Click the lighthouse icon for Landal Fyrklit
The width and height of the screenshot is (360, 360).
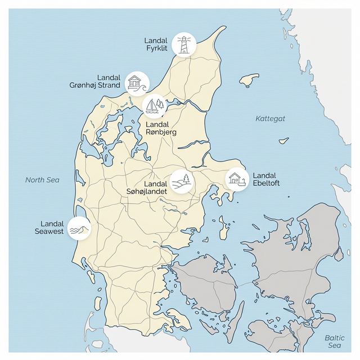[184, 44]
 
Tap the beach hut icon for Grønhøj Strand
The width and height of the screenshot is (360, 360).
[135, 83]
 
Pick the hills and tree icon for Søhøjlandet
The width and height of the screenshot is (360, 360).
[182, 181]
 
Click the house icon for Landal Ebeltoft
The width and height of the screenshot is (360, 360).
[237, 179]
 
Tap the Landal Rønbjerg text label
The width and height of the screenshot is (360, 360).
[161, 128]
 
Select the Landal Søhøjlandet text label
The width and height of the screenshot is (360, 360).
[148, 187]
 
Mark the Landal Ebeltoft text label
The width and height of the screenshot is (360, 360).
[267, 179]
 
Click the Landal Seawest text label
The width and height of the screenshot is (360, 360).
[49, 227]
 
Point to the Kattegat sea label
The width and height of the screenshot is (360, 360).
[271, 119]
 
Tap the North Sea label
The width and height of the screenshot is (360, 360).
[42, 180]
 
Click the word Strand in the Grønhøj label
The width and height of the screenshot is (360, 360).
[109, 85]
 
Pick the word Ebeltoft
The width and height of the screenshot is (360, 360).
[267, 183]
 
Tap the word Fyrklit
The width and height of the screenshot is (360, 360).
[157, 48]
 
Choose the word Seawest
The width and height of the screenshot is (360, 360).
[49, 231]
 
